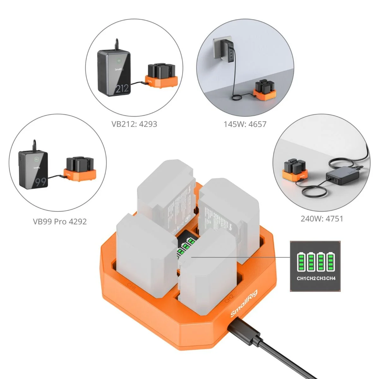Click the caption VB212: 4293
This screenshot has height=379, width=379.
tap(134, 124)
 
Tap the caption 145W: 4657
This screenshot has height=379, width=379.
tap(245, 124)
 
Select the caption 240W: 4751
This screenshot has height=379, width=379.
tap(322, 219)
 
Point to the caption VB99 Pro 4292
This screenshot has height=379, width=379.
tap(60, 222)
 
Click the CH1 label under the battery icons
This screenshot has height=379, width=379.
tap(301, 278)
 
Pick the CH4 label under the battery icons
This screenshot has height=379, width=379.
tap(331, 278)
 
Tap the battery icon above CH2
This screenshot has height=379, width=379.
tap(311, 262)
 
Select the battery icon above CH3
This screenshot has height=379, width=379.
tap(321, 262)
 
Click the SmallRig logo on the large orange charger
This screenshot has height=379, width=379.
tap(244, 304)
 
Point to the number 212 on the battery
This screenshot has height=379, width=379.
tap(122, 88)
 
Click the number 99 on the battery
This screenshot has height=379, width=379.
tap(40, 182)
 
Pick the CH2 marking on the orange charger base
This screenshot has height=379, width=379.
tap(229, 299)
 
